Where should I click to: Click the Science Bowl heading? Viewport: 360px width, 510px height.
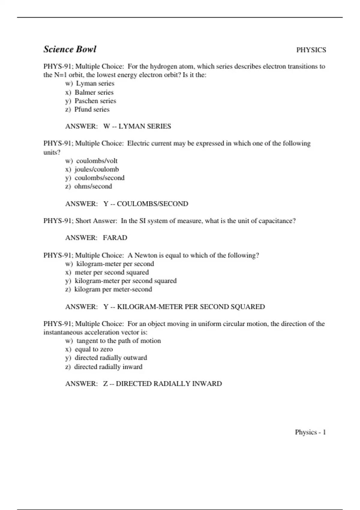[70, 49]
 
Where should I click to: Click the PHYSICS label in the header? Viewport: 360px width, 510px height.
[311, 50]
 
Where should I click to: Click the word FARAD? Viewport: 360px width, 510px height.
[115, 238]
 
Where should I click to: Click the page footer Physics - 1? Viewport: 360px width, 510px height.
[310, 432]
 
